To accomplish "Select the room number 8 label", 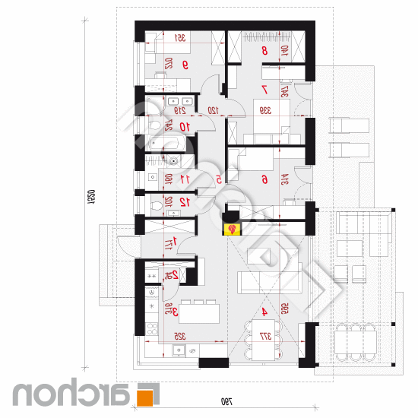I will [264, 51].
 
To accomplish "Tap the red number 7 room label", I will [264, 89].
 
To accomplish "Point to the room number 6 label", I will [264, 179].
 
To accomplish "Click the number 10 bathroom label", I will [183, 126].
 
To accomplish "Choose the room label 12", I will [183, 201].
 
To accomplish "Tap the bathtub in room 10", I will [165, 142].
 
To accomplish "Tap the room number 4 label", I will [264, 312].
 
